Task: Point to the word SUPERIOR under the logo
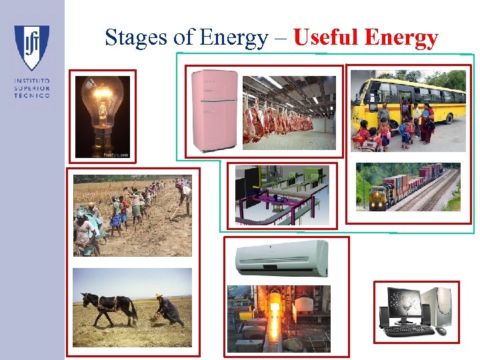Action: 31,87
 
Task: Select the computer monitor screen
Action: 403,303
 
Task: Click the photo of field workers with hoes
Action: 132,215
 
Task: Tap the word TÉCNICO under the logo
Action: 31,95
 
